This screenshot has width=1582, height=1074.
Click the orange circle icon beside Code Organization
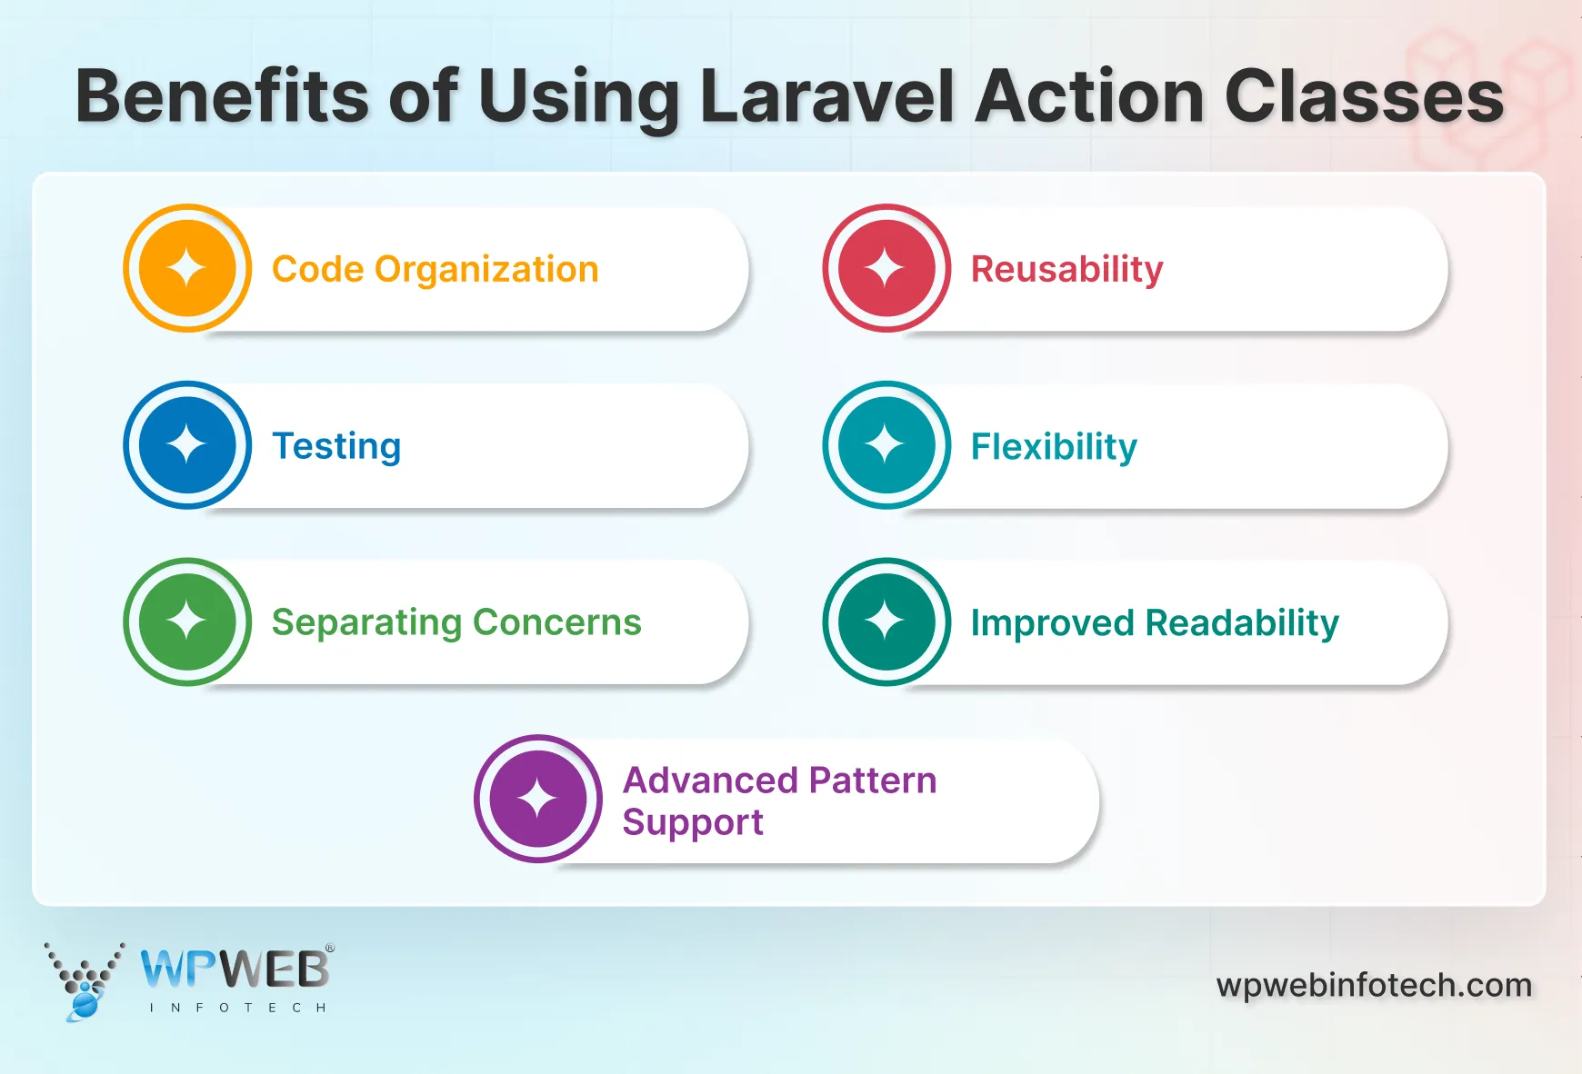[187, 268]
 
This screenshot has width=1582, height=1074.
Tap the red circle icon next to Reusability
[886, 268]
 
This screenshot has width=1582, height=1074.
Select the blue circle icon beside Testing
[187, 445]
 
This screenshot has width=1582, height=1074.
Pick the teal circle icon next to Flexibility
[886, 445]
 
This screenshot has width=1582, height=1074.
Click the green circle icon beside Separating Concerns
[187, 622]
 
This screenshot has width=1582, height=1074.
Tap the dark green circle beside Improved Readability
[886, 622]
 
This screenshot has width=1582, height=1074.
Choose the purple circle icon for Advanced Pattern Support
[538, 799]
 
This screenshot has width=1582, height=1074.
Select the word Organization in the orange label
[486, 270]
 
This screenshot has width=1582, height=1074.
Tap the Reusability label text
[1066, 270]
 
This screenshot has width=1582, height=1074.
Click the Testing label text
[336, 446]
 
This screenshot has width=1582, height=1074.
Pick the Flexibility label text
[1054, 446]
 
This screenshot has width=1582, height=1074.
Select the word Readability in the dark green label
[1242, 623]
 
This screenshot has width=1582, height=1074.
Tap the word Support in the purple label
[692, 822]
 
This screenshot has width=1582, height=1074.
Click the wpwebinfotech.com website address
[1374, 985]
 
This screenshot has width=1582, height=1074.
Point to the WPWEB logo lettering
[235, 970]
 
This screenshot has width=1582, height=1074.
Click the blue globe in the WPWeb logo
[85, 1003]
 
